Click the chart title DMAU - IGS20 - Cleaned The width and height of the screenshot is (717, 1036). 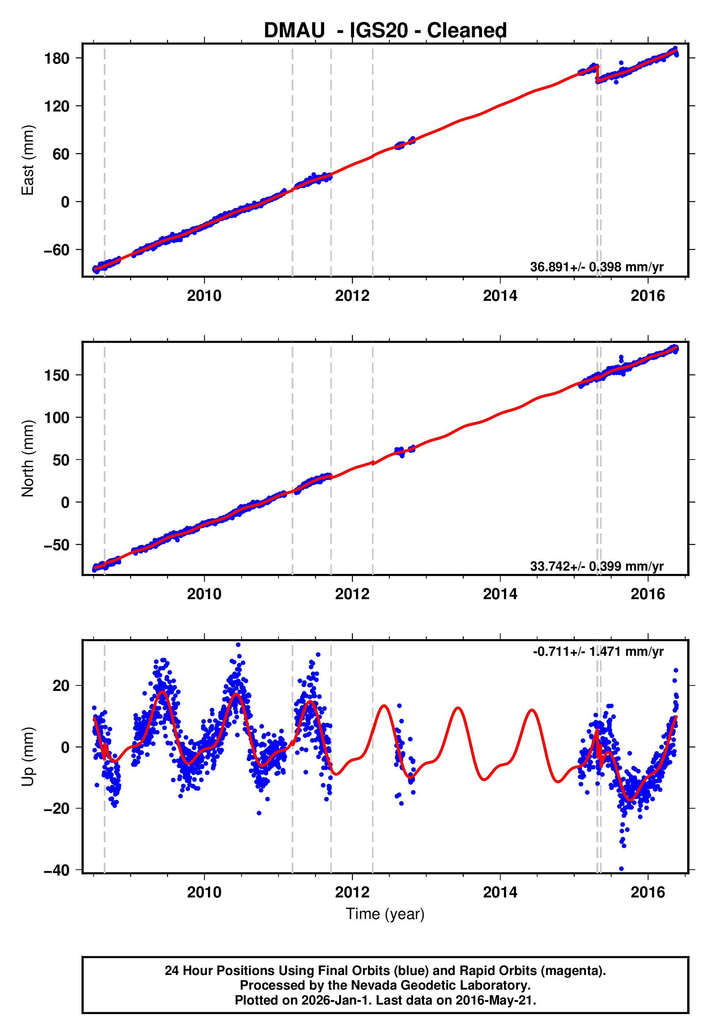pos(385,31)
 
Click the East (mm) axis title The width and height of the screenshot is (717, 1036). pos(27,160)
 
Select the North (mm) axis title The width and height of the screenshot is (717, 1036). pos(27,459)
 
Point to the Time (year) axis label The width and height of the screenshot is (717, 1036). pos(385,914)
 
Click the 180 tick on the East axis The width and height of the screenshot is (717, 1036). pos(57,58)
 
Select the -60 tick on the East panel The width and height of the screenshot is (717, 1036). pos(57,250)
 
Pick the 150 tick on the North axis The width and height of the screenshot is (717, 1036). pos(57,375)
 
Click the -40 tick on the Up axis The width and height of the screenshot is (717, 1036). pos(57,870)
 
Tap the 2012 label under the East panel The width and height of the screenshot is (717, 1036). pos(352,296)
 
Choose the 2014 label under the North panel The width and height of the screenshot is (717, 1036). pos(500,594)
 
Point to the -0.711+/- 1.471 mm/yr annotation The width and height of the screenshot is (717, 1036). pos(598,651)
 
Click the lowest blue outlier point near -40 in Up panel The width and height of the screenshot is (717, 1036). pos(621,869)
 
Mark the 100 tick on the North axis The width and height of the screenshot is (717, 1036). pos(57,417)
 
